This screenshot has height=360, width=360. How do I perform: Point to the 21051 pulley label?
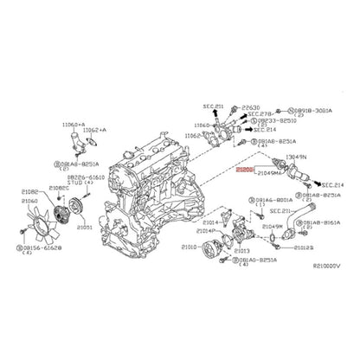[x=85, y=227]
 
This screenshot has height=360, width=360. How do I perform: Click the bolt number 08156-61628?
[x=42, y=247]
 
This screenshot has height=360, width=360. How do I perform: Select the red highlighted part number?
[x=247, y=171]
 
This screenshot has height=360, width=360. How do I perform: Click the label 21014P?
[x=206, y=231]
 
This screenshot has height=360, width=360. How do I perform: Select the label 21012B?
[x=304, y=247]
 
